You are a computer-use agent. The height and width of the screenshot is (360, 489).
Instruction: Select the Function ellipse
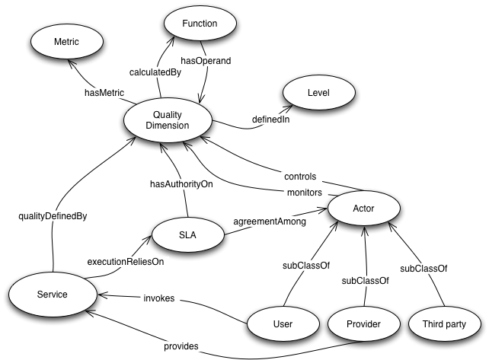click(200, 24)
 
